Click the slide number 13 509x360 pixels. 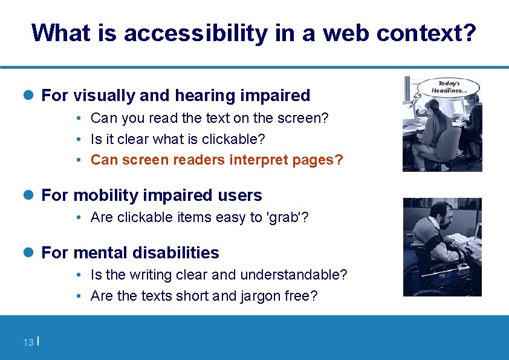click(28, 343)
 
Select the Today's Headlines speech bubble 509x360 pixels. click(449, 87)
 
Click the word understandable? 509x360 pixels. click(294, 275)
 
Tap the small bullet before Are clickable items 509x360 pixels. click(80, 218)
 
